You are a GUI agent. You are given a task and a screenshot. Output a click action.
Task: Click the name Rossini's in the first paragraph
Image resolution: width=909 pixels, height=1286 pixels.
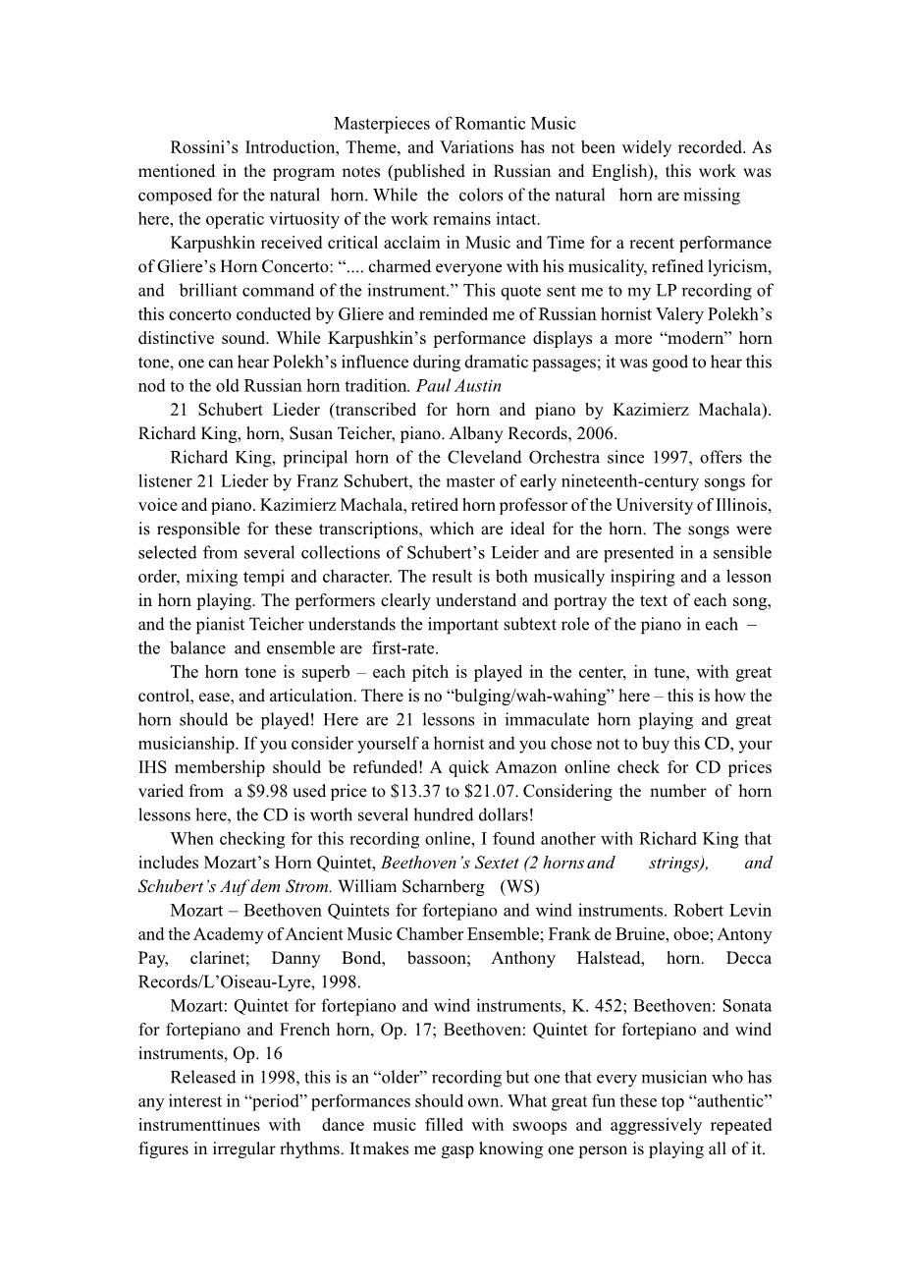coord(203,147)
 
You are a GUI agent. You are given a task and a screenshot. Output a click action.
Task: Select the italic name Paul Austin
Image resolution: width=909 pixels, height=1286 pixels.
coord(466,386)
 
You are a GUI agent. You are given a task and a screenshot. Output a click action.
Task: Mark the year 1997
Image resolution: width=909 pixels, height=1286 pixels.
coord(665,458)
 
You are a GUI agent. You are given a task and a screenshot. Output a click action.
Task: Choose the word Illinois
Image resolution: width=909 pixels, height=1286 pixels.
coord(738,505)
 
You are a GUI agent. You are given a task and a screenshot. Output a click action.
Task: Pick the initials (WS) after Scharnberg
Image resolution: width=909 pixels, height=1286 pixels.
coord(519,886)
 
